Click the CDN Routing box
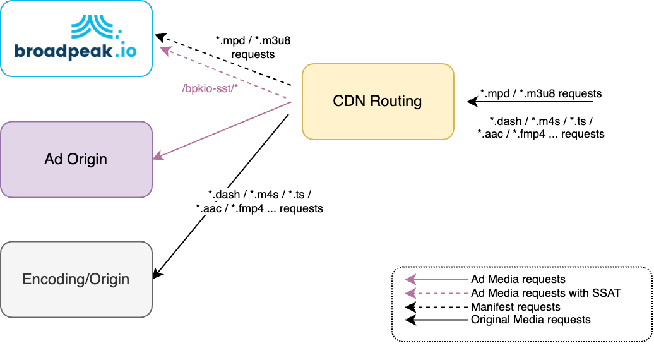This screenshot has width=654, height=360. tap(378, 101)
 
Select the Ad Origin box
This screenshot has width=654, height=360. tap(76, 159)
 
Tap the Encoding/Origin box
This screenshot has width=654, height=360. tap(76, 279)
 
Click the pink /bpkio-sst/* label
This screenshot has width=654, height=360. tap(209, 88)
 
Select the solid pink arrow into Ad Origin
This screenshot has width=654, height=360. tap(221, 129)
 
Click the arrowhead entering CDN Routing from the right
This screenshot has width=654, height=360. tap(471, 101)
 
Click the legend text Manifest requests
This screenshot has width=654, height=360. tap(515, 306)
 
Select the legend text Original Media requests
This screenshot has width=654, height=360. tap(530, 320)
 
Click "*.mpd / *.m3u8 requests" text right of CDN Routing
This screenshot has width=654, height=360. tap(540, 93)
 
